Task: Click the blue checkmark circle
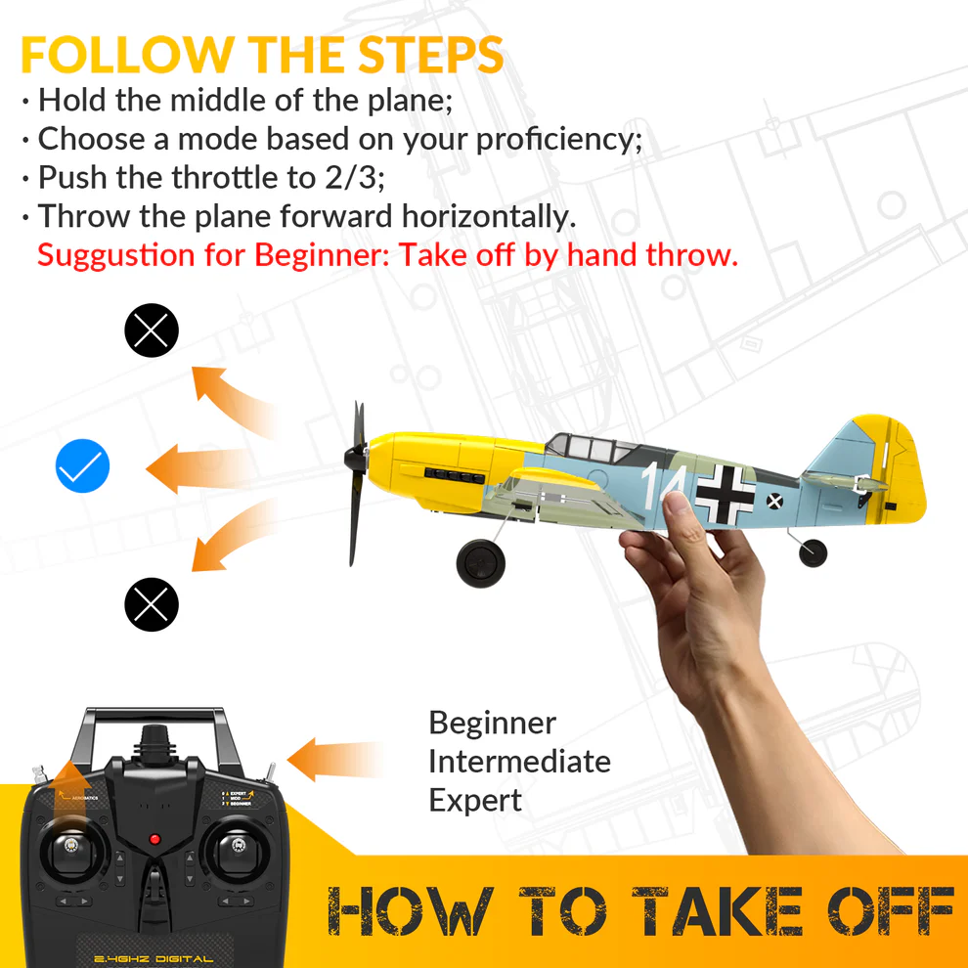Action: pos(83,466)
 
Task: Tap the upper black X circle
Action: pos(152,330)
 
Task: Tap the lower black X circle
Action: pos(152,604)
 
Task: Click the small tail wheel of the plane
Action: pos(813,552)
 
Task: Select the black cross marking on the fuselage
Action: pos(725,493)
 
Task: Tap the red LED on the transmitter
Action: pos(154,839)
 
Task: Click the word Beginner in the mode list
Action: pos(492,724)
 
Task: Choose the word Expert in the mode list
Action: pos(475,800)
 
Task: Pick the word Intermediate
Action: pos(519,762)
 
